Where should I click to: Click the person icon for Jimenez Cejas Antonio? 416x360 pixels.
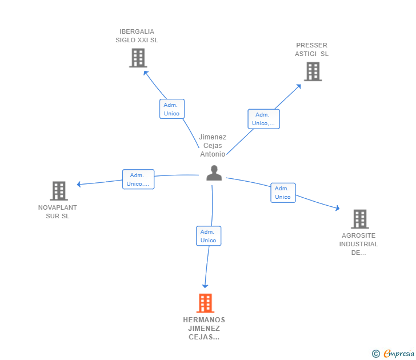214,173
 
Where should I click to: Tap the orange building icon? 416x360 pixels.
205,303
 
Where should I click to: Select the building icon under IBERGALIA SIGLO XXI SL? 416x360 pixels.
138,58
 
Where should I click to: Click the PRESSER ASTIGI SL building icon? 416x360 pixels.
313,71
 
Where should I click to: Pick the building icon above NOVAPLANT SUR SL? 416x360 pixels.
59,191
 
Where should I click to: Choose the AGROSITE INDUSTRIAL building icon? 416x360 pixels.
360,219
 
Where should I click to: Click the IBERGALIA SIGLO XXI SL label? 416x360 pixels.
137,36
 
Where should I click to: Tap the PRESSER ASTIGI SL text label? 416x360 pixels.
312,49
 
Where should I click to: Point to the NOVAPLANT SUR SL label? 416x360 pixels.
58,211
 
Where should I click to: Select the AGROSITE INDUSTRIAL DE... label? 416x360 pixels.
358,244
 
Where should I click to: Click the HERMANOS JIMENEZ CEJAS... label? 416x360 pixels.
204,329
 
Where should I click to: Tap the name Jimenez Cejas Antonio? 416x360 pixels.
213,145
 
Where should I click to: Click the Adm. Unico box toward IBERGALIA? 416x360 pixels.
172,109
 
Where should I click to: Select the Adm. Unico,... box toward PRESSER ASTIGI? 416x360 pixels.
264,119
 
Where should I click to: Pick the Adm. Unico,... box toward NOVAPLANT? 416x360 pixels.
138,179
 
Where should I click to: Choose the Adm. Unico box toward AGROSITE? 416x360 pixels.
283,193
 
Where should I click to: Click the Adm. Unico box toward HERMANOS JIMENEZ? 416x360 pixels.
209,236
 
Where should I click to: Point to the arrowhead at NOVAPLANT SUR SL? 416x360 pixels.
79,184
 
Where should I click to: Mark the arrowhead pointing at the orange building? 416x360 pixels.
205,286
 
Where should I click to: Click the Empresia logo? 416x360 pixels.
393,353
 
